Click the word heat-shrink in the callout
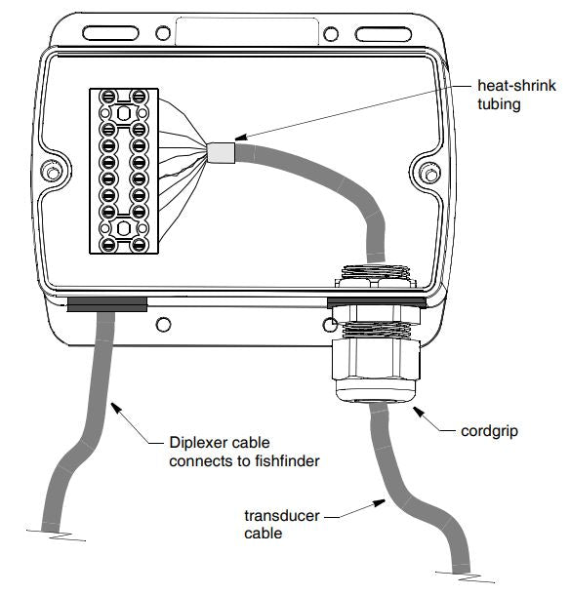coord(516,86)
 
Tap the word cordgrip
coord(489,431)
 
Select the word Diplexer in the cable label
coord(197,443)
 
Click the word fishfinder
coord(287,461)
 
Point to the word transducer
coord(282,516)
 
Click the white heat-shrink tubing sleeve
coord(221,153)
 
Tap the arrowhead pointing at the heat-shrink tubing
coord(241,138)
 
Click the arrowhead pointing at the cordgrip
coord(419,412)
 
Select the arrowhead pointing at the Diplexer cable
coord(116,408)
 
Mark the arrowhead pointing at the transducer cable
coord(379,503)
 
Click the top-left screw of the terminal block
coord(108,97)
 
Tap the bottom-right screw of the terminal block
coord(139,245)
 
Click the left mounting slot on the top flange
coord(110,33)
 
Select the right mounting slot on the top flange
coord(384,34)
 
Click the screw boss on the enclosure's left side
coord(52,173)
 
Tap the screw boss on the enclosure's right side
coord(430,175)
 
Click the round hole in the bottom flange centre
coord(163,325)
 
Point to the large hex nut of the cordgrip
coord(376,359)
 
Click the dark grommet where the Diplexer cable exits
coord(107,304)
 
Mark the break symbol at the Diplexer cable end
coord(57,535)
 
